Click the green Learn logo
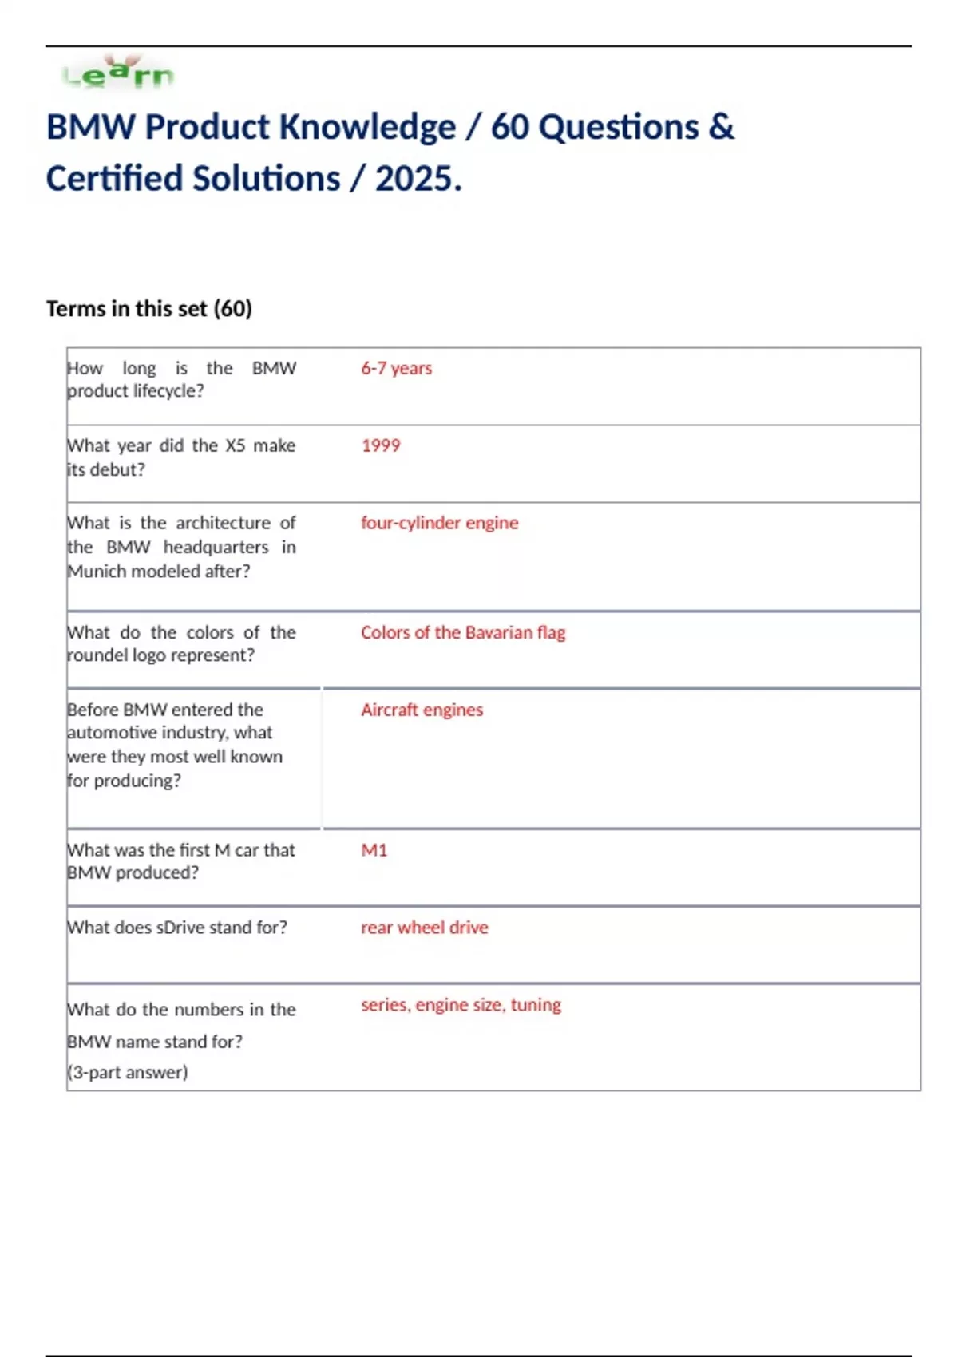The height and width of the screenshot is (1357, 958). tap(118, 74)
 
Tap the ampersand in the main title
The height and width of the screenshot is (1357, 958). tap(720, 127)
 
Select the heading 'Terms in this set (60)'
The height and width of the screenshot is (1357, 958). tap(149, 308)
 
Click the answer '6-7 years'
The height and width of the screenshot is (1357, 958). tap(396, 368)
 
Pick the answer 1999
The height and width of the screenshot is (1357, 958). tap(381, 445)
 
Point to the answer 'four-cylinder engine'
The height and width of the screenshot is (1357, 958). tap(439, 523)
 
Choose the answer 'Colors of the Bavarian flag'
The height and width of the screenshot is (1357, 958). tap(463, 632)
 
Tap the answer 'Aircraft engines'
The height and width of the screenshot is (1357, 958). tap(422, 710)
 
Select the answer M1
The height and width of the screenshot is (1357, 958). tap(374, 850)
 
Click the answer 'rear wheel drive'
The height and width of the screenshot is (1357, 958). tap(424, 928)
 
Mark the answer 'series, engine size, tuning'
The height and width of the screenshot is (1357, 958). tap(461, 1004)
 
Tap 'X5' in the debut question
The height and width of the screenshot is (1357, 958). tap(236, 445)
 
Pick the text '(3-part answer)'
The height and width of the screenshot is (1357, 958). tap(128, 1072)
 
